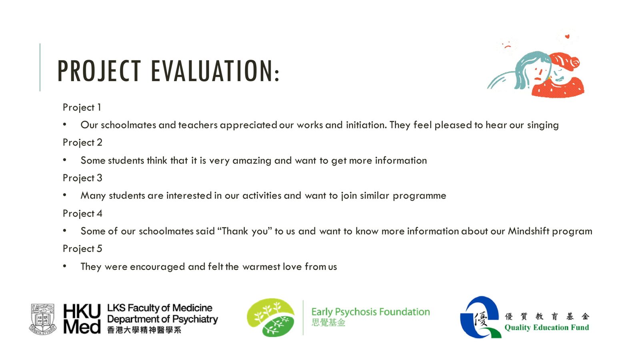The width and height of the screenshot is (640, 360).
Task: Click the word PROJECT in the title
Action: pos(99,71)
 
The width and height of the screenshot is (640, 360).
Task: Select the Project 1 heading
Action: pos(82,108)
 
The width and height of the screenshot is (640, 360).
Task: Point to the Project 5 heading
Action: pos(82,249)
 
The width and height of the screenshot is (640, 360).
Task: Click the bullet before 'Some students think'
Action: pos(65,160)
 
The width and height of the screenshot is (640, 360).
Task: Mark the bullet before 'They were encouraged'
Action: pos(65,266)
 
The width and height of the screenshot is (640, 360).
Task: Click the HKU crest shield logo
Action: pos(43,319)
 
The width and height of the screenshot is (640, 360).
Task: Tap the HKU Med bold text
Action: pos(82,319)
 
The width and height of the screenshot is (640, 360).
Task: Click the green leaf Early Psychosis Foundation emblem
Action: pos(270,318)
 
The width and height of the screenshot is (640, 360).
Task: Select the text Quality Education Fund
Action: pos(547,328)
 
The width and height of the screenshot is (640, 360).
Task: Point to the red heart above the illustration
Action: pos(568,36)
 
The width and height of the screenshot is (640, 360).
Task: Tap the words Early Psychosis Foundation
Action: pos(370,312)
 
